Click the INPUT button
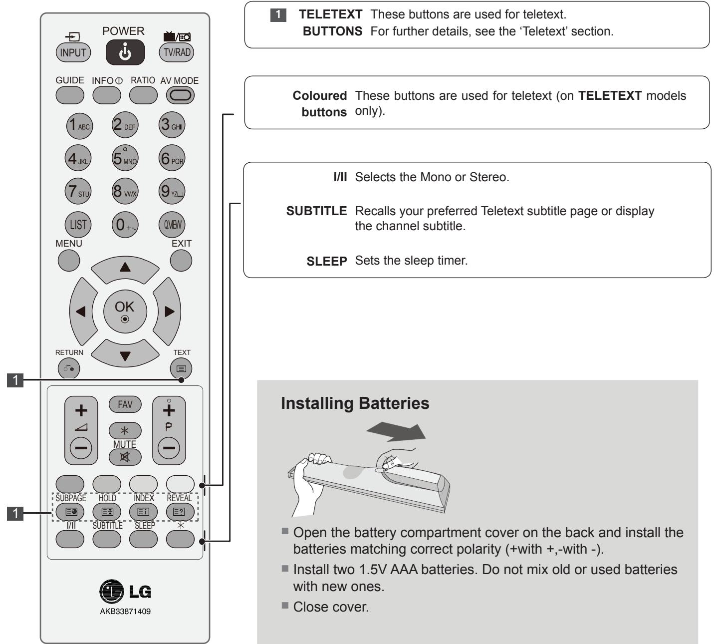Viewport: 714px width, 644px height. (73, 52)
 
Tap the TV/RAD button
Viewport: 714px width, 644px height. (176, 52)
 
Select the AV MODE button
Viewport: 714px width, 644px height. (180, 95)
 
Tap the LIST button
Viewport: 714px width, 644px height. (78, 225)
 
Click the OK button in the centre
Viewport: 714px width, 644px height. (125, 310)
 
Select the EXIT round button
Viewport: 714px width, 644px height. (181, 260)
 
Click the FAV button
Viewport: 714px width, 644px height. (125, 404)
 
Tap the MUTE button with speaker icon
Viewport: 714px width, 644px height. (125, 456)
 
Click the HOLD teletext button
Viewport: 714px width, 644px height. (107, 511)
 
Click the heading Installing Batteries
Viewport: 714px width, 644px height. (355, 403)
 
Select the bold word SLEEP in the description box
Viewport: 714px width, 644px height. (326, 261)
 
